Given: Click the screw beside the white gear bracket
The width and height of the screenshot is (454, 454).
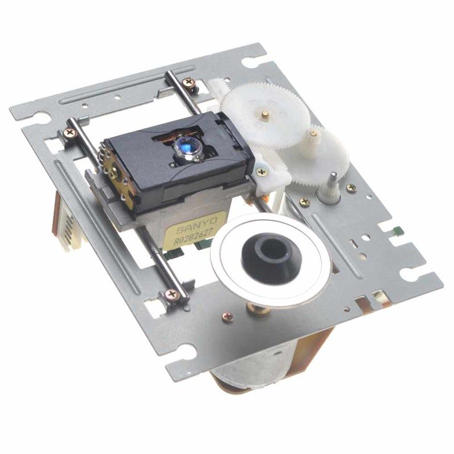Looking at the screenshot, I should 262,172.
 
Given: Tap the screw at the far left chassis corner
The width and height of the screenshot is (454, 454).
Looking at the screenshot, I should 70,133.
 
